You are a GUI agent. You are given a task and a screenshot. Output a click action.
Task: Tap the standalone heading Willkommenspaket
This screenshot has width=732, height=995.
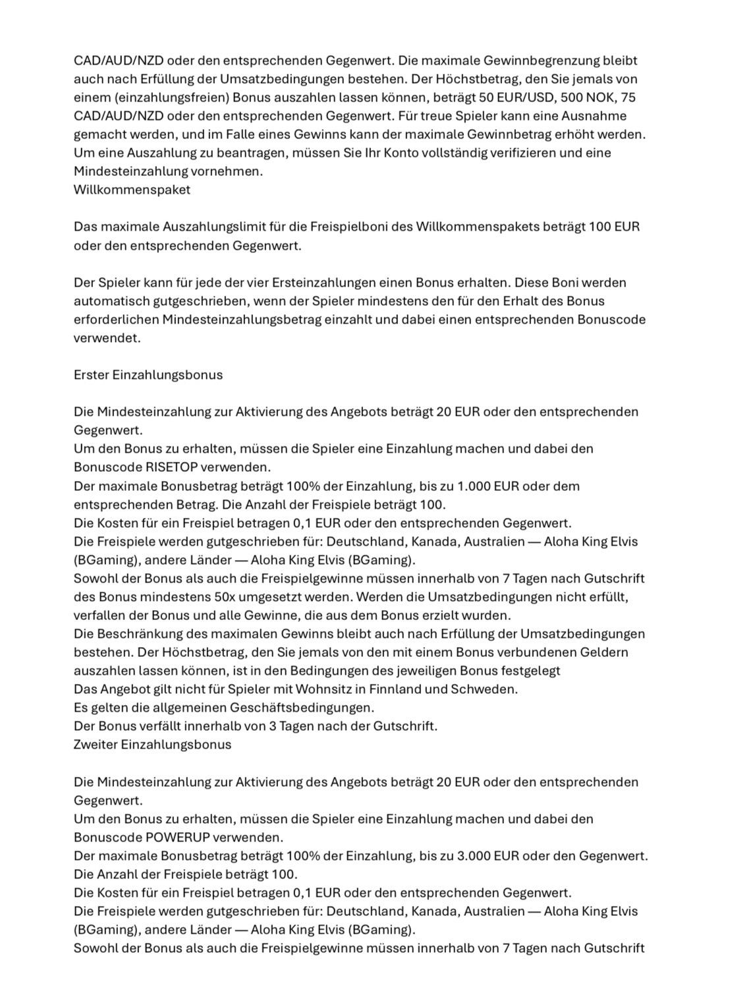pyautogui.click(x=132, y=190)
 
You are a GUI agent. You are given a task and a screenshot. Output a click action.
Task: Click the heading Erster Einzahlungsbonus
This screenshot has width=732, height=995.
pyautogui.click(x=148, y=375)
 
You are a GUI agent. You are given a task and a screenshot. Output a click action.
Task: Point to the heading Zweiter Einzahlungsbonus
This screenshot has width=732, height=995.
pyautogui.click(x=152, y=745)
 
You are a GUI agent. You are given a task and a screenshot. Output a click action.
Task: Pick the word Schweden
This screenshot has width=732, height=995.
pyautogui.click(x=490, y=689)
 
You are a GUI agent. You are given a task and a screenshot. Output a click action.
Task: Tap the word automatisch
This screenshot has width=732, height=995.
pyautogui.click(x=108, y=301)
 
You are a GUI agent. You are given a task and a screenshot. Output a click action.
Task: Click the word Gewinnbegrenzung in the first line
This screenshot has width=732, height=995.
pyautogui.click(x=543, y=61)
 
